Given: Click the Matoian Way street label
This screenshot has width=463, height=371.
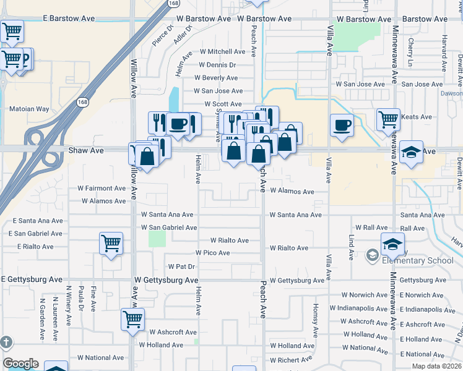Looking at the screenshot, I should (x=29, y=109).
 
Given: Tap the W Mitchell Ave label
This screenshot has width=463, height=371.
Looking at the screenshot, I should (x=223, y=51).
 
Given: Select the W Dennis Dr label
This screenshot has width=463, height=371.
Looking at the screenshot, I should (x=217, y=64).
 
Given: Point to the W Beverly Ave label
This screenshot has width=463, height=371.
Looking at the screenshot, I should (x=216, y=78).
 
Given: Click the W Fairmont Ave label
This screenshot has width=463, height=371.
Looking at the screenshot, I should (x=102, y=188).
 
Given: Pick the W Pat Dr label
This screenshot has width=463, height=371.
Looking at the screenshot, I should (x=182, y=267).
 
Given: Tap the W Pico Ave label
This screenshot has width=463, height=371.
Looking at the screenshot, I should (x=212, y=253).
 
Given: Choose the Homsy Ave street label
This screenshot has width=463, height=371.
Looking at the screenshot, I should (x=315, y=317).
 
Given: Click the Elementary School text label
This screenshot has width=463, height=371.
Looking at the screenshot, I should (x=418, y=260).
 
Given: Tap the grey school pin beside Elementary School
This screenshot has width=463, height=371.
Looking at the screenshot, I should (x=372, y=254).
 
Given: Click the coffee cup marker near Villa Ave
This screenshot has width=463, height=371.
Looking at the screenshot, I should (x=342, y=126).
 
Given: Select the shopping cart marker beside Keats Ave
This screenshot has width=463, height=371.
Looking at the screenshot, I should (x=388, y=119).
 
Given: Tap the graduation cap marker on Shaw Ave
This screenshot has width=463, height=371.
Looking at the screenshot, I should (x=411, y=152).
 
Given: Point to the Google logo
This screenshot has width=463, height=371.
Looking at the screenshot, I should (x=20, y=363).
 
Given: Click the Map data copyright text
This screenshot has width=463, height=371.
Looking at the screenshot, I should (x=437, y=366).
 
